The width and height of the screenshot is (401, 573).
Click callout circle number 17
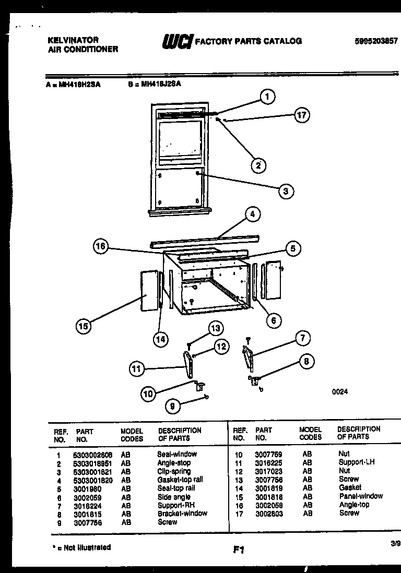pos(302,115)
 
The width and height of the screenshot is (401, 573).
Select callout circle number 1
pos(267,97)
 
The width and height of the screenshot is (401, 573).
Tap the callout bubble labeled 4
pos(252,214)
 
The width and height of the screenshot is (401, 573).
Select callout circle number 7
pos(301,338)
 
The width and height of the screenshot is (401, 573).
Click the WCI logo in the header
pos(178,41)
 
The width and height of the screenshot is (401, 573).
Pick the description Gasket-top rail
pos(180,480)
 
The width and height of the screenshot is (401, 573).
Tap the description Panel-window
pos(360,496)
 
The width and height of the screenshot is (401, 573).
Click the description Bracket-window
pos(182,513)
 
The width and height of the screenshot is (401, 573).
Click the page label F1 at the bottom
pos(239,550)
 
